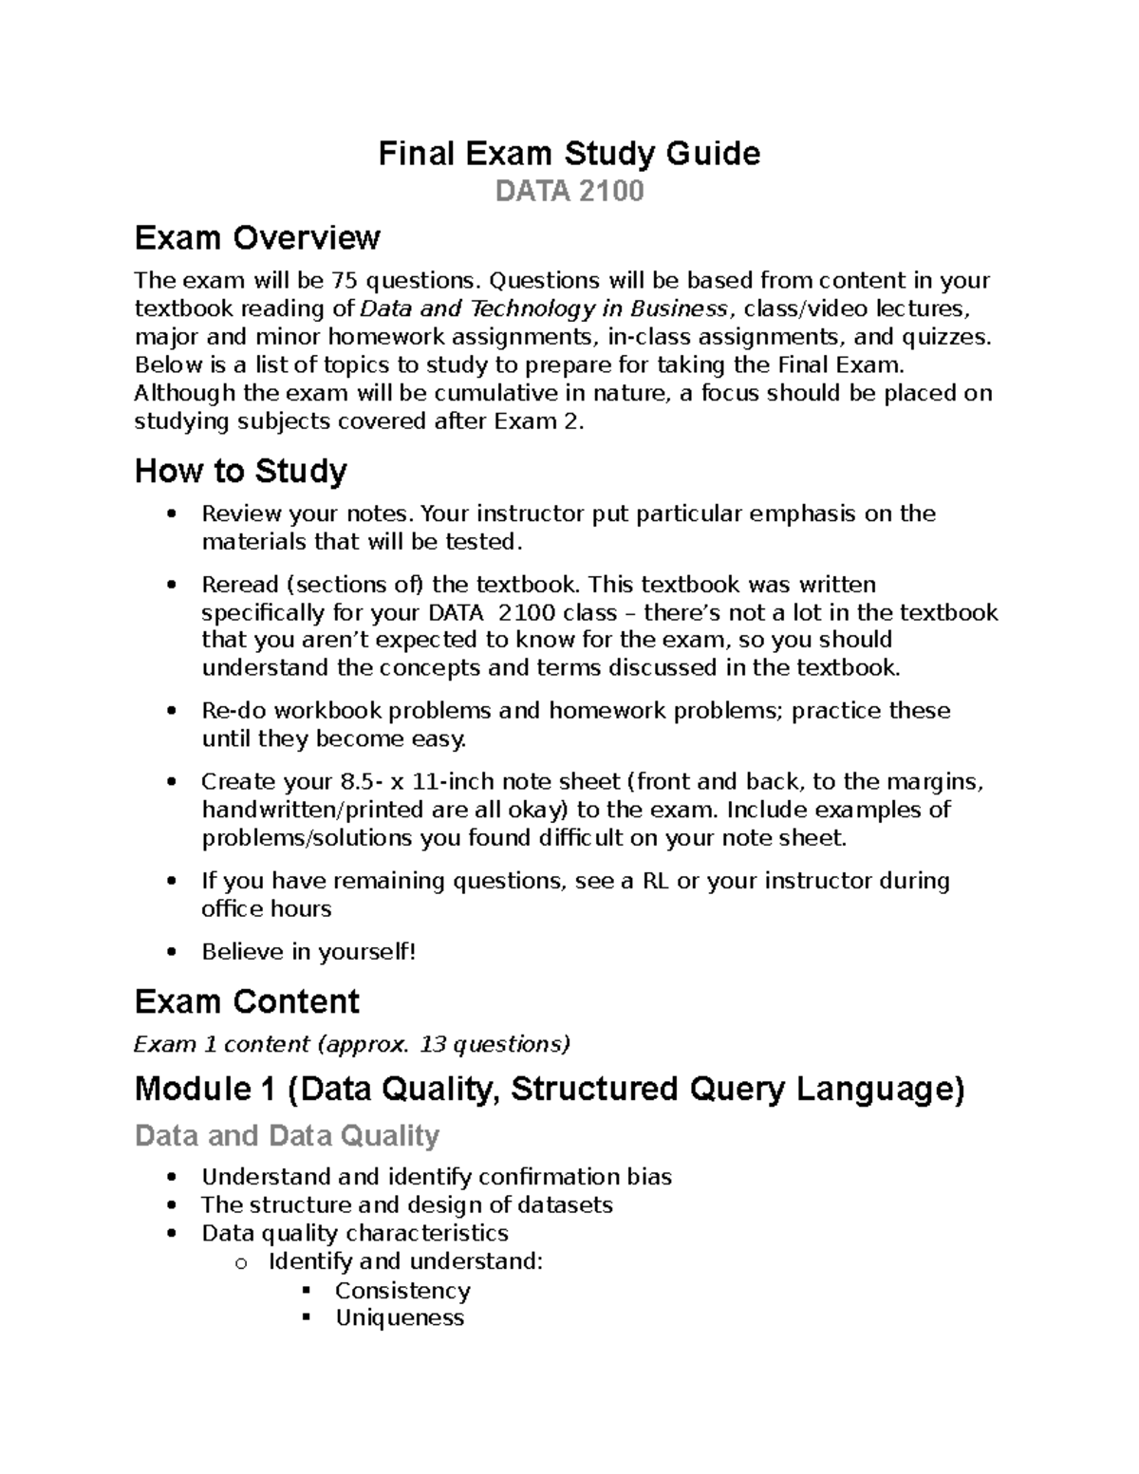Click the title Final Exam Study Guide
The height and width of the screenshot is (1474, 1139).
(x=569, y=153)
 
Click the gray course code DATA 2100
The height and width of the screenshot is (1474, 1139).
(x=569, y=192)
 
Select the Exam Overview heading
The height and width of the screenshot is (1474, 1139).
(x=257, y=237)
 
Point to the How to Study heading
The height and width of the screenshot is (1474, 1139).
(x=241, y=471)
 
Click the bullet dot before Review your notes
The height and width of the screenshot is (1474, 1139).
(x=171, y=514)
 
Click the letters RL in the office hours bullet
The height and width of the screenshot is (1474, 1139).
(x=656, y=881)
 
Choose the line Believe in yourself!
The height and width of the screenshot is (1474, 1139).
(x=308, y=952)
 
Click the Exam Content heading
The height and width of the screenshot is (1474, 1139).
(x=247, y=1001)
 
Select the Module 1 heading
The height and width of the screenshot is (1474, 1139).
(x=550, y=1089)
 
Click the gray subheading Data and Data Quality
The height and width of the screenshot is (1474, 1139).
(x=287, y=1135)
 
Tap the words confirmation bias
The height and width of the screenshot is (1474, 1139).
(x=574, y=1177)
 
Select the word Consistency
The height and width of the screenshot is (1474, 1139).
(x=402, y=1291)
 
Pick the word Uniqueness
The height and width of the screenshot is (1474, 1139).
(x=400, y=1318)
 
